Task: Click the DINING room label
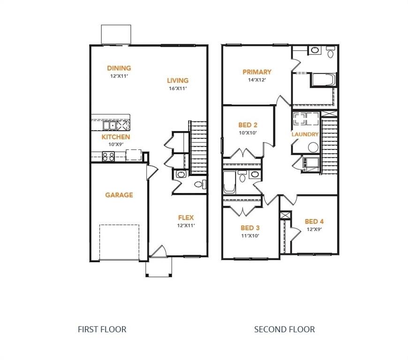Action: click(119, 68)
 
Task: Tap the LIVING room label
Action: click(177, 80)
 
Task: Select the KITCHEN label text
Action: click(116, 137)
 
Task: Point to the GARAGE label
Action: click(119, 195)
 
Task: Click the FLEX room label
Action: click(186, 217)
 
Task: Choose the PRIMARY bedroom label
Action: click(257, 72)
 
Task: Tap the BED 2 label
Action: click(248, 125)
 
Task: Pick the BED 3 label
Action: click(250, 228)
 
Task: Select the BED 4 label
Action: click(314, 221)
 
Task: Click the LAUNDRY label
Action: click(305, 135)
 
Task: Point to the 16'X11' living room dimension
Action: click(177, 88)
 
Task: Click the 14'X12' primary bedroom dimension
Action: click(257, 80)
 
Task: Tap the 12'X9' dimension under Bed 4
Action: click(314, 229)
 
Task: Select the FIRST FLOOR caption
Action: click(102, 330)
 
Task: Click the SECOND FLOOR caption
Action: click(284, 330)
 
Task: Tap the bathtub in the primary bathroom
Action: click(323, 80)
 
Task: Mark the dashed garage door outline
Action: click(119, 241)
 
